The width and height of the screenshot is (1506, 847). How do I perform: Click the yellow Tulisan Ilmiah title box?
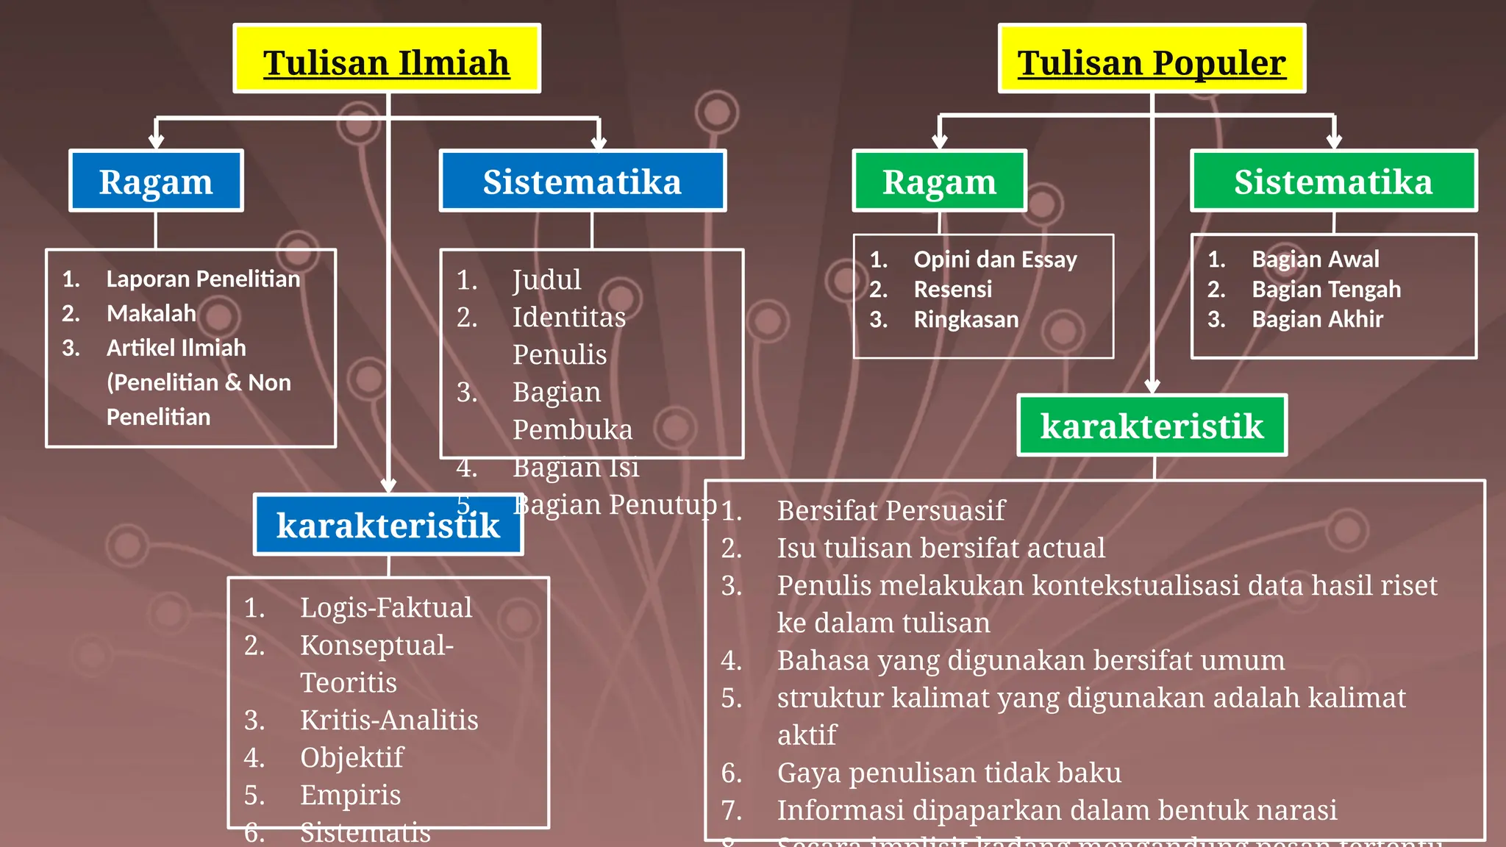387,59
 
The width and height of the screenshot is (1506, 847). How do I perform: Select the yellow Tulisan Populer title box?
1152,59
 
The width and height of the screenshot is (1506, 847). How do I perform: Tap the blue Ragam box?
156,181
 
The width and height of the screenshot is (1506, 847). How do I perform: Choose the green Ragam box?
939,181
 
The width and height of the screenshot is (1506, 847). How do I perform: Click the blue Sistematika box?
582,181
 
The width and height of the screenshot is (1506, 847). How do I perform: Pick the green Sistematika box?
1333,181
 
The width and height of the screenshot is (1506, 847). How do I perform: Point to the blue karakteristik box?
388,524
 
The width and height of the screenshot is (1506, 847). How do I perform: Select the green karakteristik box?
1152,426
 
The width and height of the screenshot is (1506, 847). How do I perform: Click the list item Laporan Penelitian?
203,279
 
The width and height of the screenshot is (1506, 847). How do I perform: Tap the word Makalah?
151,314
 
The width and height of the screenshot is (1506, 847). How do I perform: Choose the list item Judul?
546,280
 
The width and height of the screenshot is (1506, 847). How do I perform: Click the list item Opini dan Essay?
995,260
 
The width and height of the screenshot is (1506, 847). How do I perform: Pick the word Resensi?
952,290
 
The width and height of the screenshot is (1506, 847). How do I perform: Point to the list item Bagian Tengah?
1326,290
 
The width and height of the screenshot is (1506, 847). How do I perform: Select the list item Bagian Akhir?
1317,320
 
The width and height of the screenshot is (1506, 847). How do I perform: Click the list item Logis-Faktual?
386,608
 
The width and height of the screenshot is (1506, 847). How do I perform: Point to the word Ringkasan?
966,320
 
